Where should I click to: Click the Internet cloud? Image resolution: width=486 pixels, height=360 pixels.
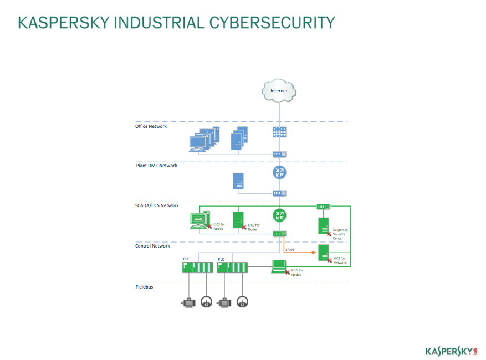point(279,90)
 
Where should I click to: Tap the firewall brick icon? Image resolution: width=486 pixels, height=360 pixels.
point(279,132)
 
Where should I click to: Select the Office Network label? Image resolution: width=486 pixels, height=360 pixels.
point(151,126)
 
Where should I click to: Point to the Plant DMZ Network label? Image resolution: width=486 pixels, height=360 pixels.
point(156,166)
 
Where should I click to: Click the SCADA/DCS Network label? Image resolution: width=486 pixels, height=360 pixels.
point(157,205)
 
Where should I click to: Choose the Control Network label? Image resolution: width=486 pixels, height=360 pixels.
point(152,246)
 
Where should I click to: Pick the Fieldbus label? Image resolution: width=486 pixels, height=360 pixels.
point(144,287)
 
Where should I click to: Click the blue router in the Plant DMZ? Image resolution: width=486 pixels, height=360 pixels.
point(279,172)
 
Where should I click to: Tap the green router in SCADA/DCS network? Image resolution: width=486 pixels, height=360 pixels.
point(279,215)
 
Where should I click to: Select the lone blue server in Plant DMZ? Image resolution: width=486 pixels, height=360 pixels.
point(238,181)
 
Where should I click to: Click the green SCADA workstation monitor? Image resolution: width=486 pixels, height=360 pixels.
point(198,220)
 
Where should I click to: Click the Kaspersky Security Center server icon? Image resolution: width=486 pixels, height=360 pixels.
point(324,225)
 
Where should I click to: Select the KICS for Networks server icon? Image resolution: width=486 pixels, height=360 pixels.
point(324,253)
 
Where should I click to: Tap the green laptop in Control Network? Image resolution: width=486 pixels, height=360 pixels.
point(279,267)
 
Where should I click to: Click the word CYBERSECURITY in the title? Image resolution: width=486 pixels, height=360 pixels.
point(272,23)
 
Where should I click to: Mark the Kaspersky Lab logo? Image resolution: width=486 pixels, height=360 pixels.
point(451,351)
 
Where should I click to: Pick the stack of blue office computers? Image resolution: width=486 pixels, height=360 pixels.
point(204,139)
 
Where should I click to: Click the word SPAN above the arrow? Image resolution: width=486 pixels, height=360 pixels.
point(289,250)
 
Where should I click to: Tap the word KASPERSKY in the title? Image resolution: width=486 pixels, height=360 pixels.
point(64,23)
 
